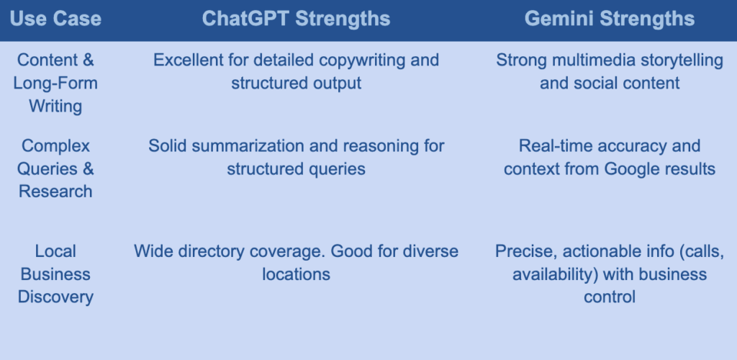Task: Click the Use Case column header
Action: [x=55, y=19]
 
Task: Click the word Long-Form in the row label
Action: [x=55, y=84]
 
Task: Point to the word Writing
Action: [x=55, y=107]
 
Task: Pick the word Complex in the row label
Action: [x=55, y=145]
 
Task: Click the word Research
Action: [x=55, y=192]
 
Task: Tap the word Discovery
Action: [x=55, y=297]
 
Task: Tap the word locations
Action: [x=296, y=274]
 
